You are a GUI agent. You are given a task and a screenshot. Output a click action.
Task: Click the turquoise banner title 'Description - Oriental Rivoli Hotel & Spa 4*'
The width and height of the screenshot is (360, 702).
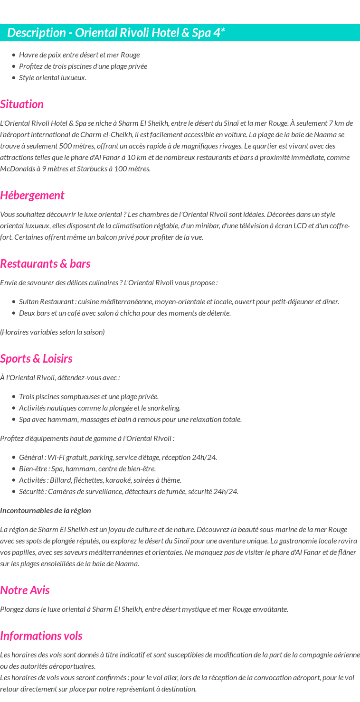pos(116,33)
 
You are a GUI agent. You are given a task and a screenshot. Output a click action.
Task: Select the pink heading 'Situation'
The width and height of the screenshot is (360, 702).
pos(22,104)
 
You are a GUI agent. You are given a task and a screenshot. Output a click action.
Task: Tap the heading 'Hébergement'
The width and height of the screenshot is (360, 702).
pos(32,195)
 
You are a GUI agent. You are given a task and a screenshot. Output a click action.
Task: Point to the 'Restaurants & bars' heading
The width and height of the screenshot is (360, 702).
pos(45,263)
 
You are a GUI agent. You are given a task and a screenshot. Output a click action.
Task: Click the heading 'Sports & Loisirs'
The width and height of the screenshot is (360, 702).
pos(36,358)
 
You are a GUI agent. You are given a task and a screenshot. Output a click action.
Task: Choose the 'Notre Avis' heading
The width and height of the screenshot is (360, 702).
pos(25,590)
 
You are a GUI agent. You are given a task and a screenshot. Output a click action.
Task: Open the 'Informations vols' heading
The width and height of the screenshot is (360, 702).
pos(41,636)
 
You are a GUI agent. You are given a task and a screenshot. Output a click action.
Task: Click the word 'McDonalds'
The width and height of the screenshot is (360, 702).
pos(17,168)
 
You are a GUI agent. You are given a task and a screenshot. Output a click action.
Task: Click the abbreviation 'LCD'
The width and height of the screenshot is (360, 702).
pos(299,225)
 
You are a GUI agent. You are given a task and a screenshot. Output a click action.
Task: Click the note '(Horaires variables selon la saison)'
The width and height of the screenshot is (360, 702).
pos(52,332)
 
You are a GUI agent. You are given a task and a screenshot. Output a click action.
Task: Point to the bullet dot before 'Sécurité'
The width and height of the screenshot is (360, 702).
pos(14,491)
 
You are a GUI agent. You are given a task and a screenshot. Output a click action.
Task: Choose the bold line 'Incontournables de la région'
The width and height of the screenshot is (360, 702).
pos(46,510)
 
